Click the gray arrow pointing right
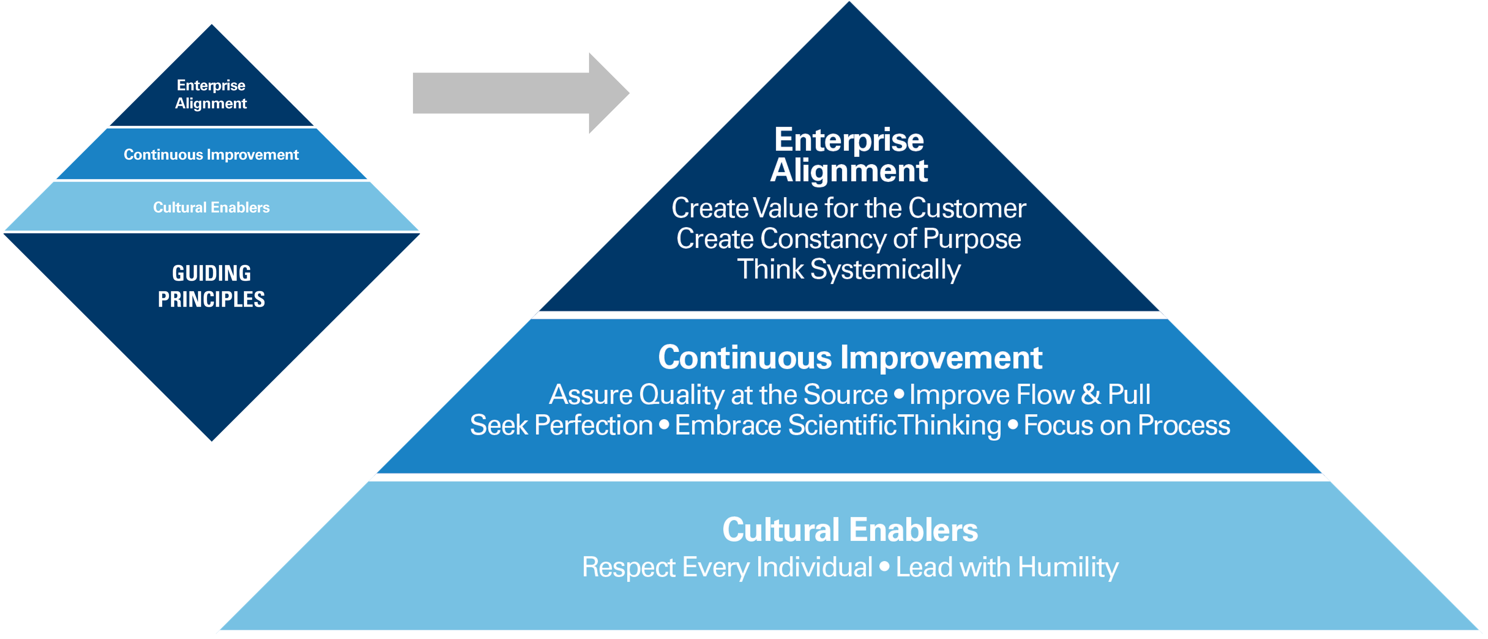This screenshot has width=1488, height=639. click(521, 93)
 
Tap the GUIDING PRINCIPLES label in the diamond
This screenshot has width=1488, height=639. click(211, 286)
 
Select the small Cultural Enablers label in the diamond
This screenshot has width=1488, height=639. click(211, 207)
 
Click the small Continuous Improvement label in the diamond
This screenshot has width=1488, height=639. click(211, 155)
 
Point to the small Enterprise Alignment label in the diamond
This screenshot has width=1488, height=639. click(211, 94)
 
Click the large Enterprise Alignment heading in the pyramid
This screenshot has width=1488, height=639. click(849, 155)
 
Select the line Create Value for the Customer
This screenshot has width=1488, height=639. click(849, 208)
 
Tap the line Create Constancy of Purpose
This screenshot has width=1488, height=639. click(849, 239)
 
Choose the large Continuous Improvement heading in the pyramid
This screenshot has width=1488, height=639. click(850, 358)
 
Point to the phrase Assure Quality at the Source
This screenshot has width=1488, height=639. click(718, 395)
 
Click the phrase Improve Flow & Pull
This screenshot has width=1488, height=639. click(1030, 395)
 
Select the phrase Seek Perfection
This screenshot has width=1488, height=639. click(561, 425)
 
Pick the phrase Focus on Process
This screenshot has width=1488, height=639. click(1127, 425)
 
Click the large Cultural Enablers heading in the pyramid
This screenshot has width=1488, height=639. click(850, 530)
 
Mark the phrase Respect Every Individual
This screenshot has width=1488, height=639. click(727, 567)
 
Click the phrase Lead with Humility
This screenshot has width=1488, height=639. click(1007, 567)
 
